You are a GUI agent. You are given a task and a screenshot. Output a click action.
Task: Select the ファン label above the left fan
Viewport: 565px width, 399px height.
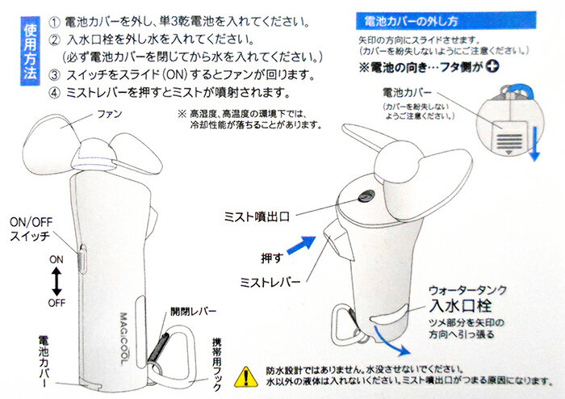tap(108, 115)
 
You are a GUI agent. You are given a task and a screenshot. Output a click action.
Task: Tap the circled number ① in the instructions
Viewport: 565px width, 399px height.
tap(54, 19)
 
